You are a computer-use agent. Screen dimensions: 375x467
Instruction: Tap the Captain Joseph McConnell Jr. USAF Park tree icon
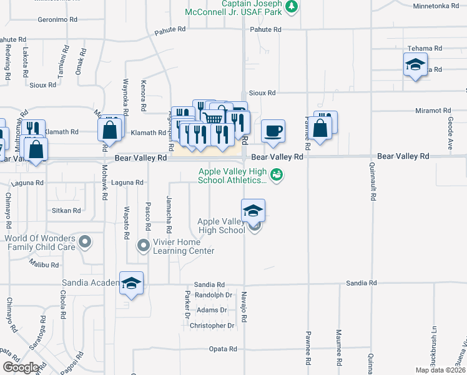291,6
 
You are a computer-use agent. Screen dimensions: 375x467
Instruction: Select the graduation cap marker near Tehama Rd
415,64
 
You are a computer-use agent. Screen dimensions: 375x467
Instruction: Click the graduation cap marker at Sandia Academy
131,284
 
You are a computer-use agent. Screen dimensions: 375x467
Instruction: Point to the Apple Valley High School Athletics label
232,176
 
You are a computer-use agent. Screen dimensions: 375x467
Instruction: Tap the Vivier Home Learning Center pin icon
144,245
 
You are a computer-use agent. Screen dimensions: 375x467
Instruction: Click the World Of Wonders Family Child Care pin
86,241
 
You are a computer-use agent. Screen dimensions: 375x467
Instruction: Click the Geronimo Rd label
57,19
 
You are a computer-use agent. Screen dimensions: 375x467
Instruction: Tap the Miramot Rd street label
433,111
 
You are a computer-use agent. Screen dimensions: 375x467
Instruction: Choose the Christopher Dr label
212,326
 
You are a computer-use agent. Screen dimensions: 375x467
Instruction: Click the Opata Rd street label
224,349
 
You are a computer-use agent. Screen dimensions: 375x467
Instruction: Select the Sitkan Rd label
67,211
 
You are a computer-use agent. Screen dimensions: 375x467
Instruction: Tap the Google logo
21,367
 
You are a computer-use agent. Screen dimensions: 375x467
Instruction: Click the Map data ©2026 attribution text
440,370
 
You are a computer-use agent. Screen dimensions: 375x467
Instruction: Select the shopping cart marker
213,117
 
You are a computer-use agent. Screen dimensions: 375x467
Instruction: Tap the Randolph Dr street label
214,295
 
